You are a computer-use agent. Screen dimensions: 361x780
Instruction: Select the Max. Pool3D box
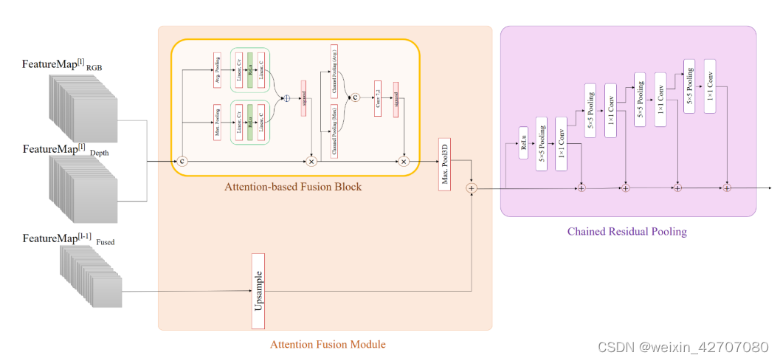pyautogui.click(x=444, y=164)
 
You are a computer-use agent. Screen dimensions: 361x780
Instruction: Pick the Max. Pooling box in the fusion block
pyautogui.click(x=217, y=115)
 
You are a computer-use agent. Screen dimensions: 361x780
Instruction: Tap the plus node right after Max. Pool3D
pyautogui.click(x=472, y=189)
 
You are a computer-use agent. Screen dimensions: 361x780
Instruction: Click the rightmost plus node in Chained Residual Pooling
pyautogui.click(x=726, y=188)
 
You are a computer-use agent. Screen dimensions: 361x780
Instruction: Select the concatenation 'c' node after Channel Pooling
pyautogui.click(x=354, y=96)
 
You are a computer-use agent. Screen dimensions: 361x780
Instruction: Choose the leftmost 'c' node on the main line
pyautogui.click(x=182, y=160)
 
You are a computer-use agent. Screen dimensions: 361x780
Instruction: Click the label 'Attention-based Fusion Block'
pyautogui.click(x=293, y=187)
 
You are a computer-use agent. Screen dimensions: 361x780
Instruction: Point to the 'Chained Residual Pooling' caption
pyautogui.click(x=627, y=231)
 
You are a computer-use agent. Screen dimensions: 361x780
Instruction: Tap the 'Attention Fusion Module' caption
pyautogui.click(x=328, y=344)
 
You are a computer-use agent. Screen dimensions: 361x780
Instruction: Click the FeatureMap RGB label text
pyautogui.click(x=62, y=65)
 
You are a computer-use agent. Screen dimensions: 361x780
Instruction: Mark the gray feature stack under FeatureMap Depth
pyautogui.click(x=83, y=190)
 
